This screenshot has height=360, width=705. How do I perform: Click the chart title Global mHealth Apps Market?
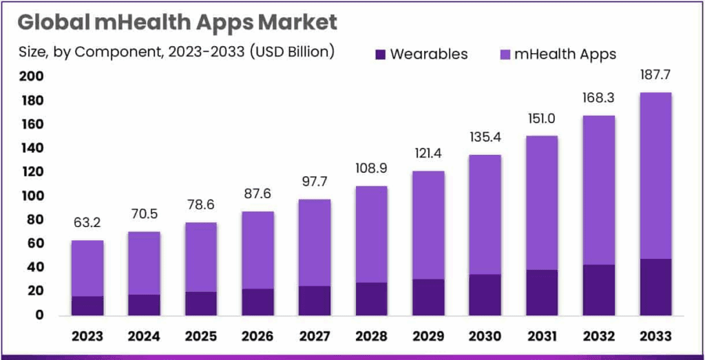(178, 22)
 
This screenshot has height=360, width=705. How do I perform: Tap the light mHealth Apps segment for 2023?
(87, 268)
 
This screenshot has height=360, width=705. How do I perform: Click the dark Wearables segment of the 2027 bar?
(313, 300)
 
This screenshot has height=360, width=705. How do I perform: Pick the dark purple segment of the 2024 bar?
(144, 304)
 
